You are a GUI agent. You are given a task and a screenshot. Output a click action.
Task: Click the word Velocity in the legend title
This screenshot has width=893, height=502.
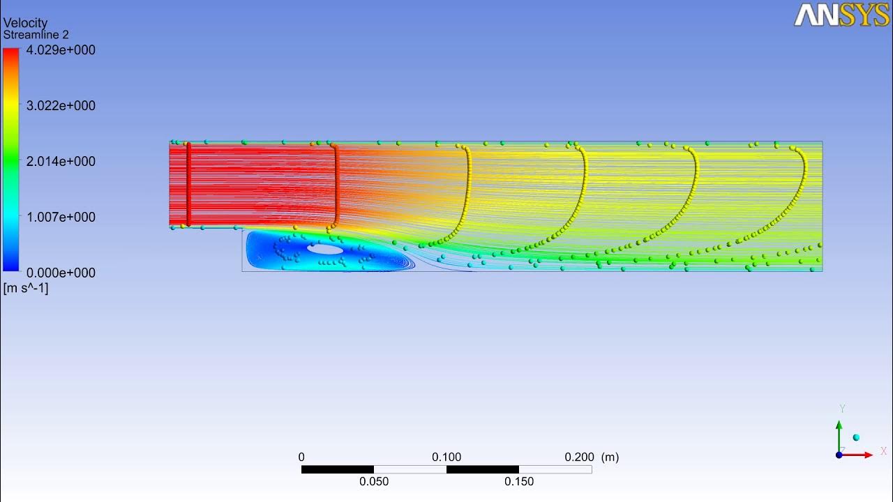point(25,23)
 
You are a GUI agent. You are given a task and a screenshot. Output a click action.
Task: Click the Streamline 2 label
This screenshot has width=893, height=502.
point(36,35)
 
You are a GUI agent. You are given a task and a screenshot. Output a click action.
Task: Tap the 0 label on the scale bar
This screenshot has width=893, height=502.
point(301,457)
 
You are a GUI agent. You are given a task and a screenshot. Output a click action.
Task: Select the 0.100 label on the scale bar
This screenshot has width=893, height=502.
point(446,457)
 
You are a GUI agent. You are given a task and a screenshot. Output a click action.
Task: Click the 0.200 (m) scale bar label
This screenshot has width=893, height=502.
point(591,457)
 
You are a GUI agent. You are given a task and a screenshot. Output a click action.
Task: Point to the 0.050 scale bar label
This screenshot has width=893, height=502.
point(374,482)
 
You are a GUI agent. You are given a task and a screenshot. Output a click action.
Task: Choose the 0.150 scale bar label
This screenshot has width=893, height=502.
point(519,482)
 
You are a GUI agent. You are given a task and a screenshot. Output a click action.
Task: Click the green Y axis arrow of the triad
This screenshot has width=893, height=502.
point(839,429)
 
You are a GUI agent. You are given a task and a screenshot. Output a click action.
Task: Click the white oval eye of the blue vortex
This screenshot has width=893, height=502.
point(325,248)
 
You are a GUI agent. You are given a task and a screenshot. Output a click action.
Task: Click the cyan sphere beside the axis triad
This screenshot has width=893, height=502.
point(856,437)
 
